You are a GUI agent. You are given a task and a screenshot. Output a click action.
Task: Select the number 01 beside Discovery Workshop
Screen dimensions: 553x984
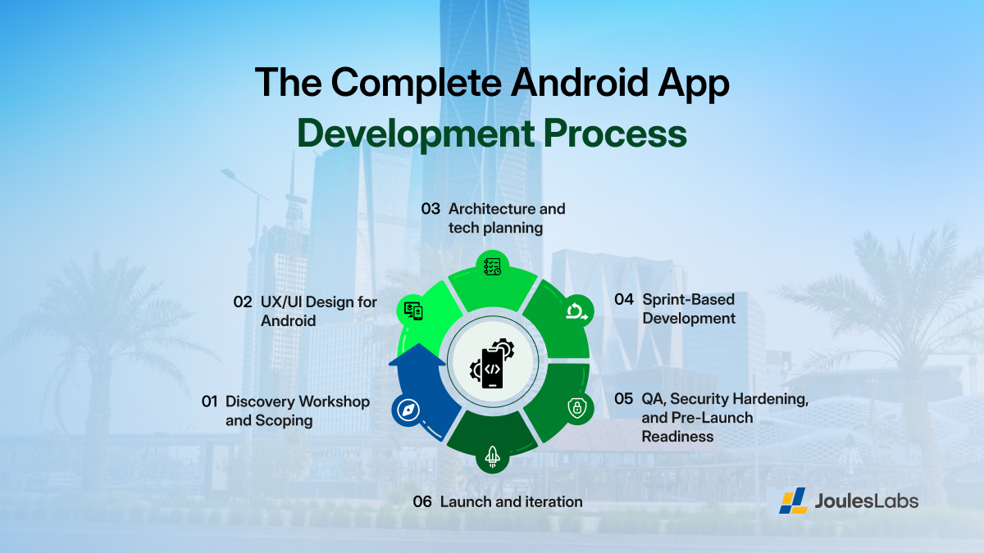209,402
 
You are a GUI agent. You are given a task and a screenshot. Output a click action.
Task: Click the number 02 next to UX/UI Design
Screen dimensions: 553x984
242,302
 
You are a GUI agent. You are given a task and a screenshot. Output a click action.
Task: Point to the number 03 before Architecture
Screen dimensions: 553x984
431,209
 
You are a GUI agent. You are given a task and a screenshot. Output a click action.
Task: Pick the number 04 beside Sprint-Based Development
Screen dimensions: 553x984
624,300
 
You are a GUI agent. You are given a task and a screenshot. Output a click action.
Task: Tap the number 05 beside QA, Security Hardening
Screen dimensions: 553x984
624,399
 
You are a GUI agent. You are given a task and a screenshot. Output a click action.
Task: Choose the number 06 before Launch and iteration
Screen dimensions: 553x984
422,502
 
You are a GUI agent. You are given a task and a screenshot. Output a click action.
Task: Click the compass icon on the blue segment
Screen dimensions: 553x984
407,410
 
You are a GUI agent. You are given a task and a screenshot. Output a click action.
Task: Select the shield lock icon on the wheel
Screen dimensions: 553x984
577,408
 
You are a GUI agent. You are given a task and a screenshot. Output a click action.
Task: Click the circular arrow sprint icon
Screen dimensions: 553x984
576,310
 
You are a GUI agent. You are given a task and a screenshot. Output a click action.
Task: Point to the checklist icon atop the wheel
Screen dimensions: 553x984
492,266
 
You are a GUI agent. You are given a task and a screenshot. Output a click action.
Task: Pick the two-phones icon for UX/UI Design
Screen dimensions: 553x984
412,310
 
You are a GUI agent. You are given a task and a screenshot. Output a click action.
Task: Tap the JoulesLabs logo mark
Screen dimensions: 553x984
793,501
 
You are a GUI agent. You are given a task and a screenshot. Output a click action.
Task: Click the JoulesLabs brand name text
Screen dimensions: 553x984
867,501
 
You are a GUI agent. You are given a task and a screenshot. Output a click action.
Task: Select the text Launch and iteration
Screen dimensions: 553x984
512,502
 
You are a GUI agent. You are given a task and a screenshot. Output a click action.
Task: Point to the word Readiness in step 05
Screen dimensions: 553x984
677,437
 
